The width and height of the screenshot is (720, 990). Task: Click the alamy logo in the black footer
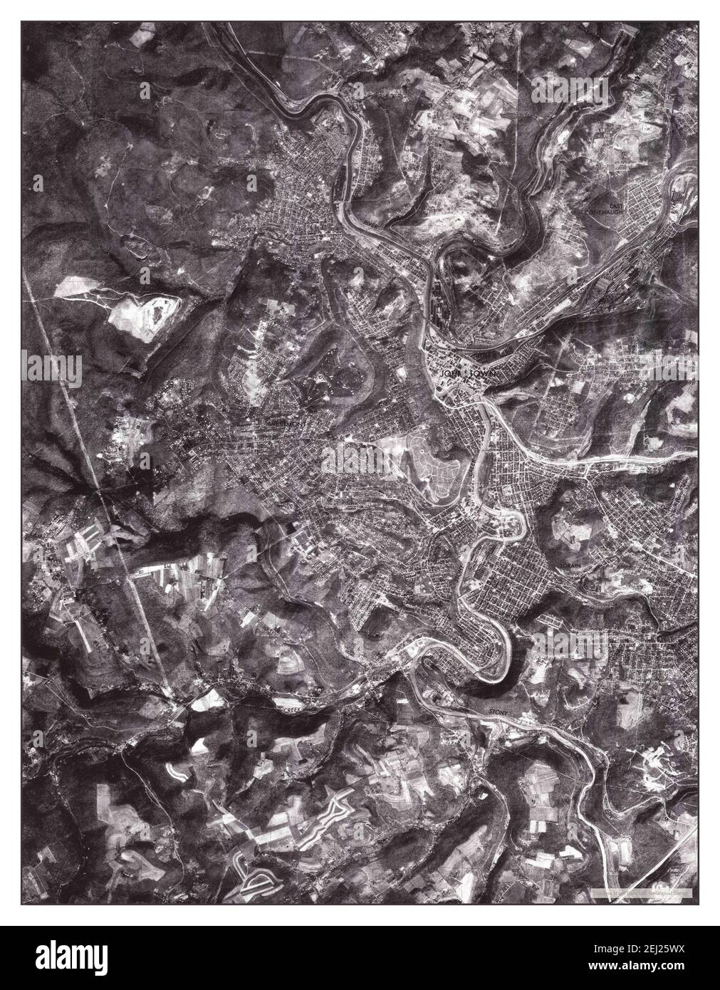click(x=66, y=957)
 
